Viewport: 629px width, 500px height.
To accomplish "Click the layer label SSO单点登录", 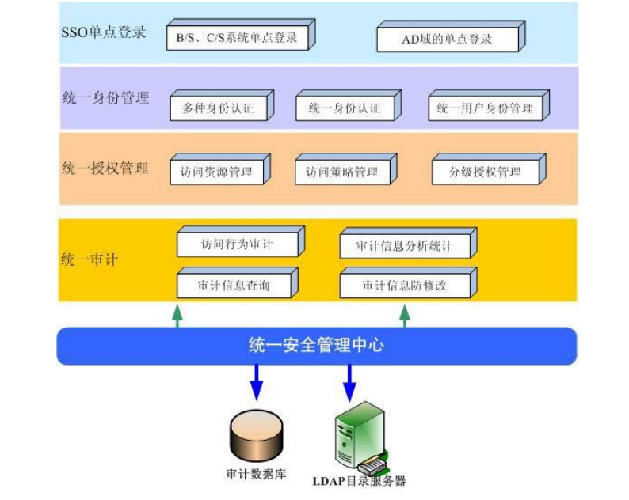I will tap(104, 34).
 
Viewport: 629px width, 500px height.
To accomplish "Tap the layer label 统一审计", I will tap(89, 259).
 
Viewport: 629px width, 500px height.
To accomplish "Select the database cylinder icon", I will tap(256, 436).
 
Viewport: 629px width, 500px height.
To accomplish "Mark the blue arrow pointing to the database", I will tap(256, 381).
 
